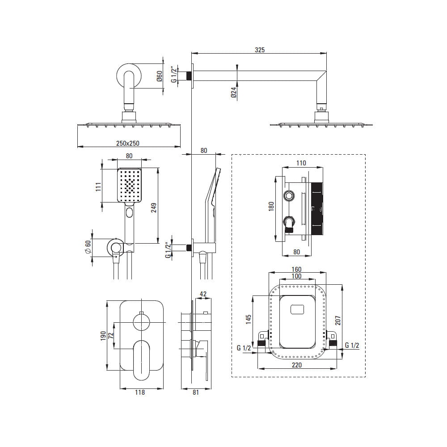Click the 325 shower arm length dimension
[260, 50]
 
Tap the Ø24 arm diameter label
[234, 93]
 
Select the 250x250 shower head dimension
[128, 143]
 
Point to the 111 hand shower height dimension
[98, 187]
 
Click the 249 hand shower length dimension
[154, 208]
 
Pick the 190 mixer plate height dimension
[103, 336]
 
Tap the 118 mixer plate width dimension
[139, 392]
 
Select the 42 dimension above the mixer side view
[203, 294]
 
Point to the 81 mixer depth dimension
[196, 392]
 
